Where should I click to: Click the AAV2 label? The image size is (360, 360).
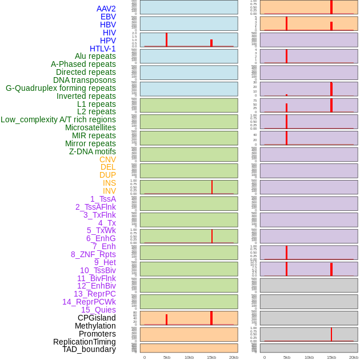click(106, 9)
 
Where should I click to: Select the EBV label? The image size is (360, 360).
click(107, 17)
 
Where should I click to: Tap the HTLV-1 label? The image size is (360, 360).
click(102, 49)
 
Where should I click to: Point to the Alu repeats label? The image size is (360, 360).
click(95, 56)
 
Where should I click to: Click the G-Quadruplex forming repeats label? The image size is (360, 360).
click(61, 88)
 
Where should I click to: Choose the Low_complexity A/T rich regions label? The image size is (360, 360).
click(58, 119)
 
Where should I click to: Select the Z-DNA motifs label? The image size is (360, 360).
click(92, 151)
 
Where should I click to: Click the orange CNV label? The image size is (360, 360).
click(107, 159)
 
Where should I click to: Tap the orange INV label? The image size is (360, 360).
click(109, 191)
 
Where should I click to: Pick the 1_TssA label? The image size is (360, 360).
click(103, 199)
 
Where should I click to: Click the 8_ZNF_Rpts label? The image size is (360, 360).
click(93, 254)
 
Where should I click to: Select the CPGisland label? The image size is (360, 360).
click(97, 318)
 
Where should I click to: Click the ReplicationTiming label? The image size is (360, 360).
click(85, 342)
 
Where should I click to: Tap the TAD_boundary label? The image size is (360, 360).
click(89, 349)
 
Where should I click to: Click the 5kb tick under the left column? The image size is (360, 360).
click(167, 357)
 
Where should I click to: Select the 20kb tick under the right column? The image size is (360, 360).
click(354, 357)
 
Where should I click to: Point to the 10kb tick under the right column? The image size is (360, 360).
click(309, 357)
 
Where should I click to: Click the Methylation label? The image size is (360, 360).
click(95, 326)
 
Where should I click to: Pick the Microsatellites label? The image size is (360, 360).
click(90, 127)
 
